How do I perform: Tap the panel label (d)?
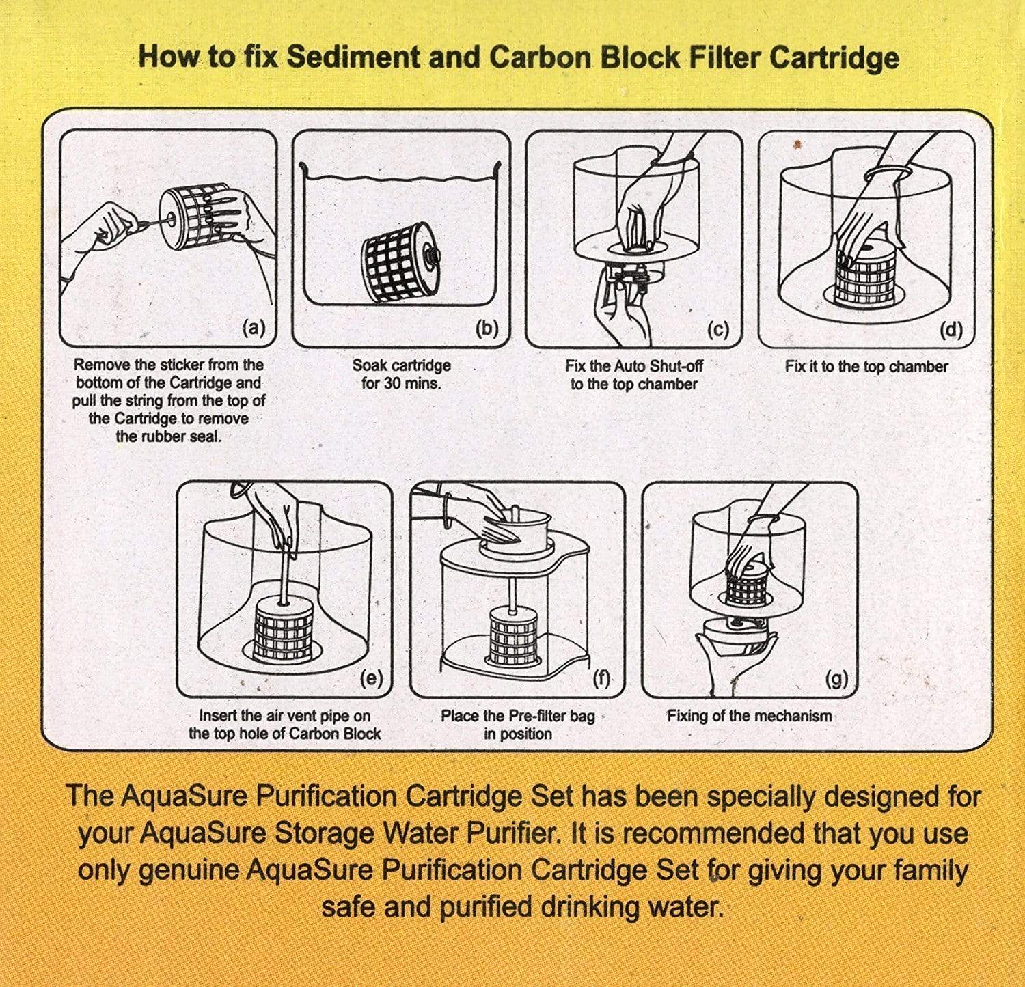point(951,330)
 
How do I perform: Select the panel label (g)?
point(836,679)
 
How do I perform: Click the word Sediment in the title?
point(351,57)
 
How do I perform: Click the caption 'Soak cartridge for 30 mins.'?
point(401,374)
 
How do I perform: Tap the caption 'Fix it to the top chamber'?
point(866,367)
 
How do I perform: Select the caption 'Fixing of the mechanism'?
point(749,716)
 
